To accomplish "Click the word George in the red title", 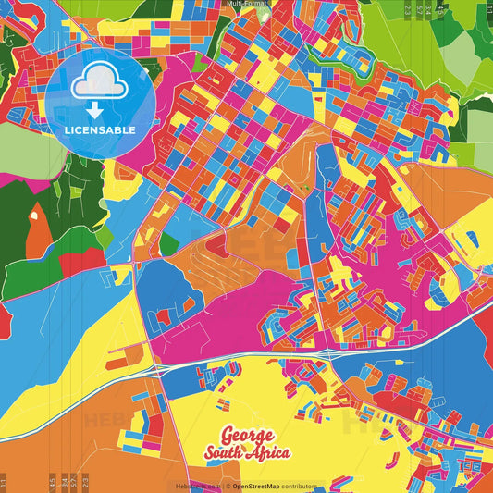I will pos(247,436).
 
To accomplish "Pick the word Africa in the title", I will pos(270,453).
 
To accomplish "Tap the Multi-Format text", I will pos(246,4).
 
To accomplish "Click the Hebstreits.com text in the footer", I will pos(196,485).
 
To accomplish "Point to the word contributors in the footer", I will pos(300,485).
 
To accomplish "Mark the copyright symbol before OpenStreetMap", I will pos(227,485).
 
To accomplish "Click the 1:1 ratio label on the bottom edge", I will pos(4,482).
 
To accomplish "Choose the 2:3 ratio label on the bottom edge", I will pos(86,482).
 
